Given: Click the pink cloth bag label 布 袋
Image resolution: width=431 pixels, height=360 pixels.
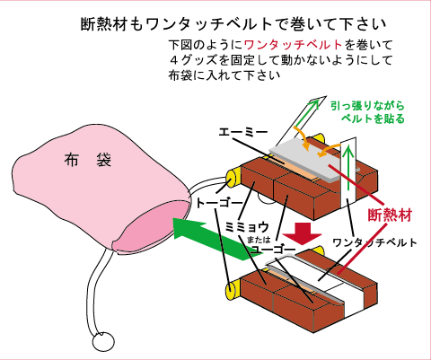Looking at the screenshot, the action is point(88,160).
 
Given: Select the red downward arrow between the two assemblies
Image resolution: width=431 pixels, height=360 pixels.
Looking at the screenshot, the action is point(303,233).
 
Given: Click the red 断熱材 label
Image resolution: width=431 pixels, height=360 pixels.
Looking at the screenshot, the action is point(390,215).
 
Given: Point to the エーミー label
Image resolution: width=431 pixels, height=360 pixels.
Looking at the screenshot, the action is point(242,132).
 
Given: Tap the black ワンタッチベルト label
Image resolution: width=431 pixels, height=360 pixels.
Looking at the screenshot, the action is point(375,242).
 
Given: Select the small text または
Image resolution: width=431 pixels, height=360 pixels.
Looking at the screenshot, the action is point(259,240).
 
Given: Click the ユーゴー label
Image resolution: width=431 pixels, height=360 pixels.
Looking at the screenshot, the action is point(273,250).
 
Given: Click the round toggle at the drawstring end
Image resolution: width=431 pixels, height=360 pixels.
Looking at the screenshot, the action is point(103,342).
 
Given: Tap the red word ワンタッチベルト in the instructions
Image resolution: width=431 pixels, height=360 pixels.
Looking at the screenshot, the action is point(294,45).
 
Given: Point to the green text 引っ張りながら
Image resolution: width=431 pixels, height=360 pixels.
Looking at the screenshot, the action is point(367,106).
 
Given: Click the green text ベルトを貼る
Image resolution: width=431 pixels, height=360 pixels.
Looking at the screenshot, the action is point(373,119).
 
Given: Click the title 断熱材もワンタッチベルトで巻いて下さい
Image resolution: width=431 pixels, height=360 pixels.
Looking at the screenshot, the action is point(234,24).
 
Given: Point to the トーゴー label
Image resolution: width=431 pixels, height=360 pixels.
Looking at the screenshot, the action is point(219,204).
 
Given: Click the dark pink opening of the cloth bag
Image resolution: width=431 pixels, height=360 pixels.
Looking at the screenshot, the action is point(152,226).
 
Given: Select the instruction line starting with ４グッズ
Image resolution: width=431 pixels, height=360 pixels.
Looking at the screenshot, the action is point(280,60).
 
